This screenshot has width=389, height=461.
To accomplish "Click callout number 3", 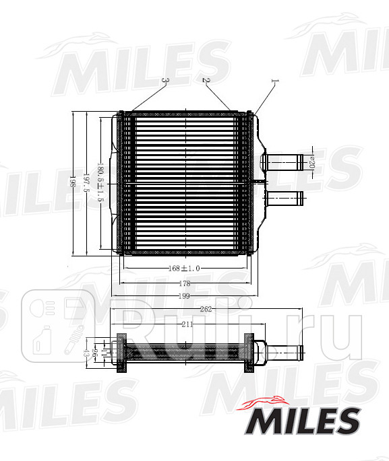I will (x=165, y=81).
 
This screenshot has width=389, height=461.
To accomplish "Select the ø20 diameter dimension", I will (x=311, y=162).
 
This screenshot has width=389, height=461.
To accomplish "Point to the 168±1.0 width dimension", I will (x=183, y=268).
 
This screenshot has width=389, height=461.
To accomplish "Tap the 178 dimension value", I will (x=183, y=283).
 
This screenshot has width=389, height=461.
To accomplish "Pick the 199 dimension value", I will (x=183, y=295).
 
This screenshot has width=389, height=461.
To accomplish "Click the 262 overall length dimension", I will (x=206, y=310).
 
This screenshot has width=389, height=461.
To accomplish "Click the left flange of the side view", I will (x=122, y=352).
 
